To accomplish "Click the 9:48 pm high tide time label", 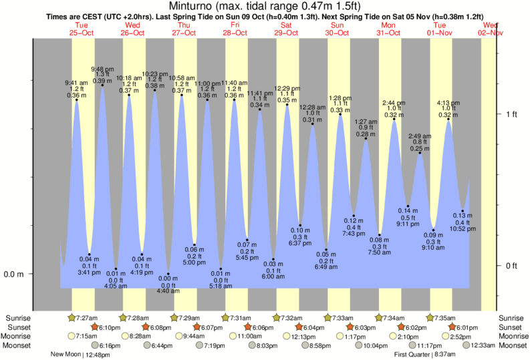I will (102, 69).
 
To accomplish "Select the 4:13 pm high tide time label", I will (448, 103).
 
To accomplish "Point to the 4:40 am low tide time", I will (168, 291).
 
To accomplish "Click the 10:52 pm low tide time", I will (462, 228).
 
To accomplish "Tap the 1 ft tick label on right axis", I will (511, 114).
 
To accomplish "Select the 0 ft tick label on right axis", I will (511, 266).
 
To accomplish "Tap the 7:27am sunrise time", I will (88, 317).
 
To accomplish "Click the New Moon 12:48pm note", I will (79, 355).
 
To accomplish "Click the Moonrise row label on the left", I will (19, 336).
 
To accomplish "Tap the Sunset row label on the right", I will (511, 327).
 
